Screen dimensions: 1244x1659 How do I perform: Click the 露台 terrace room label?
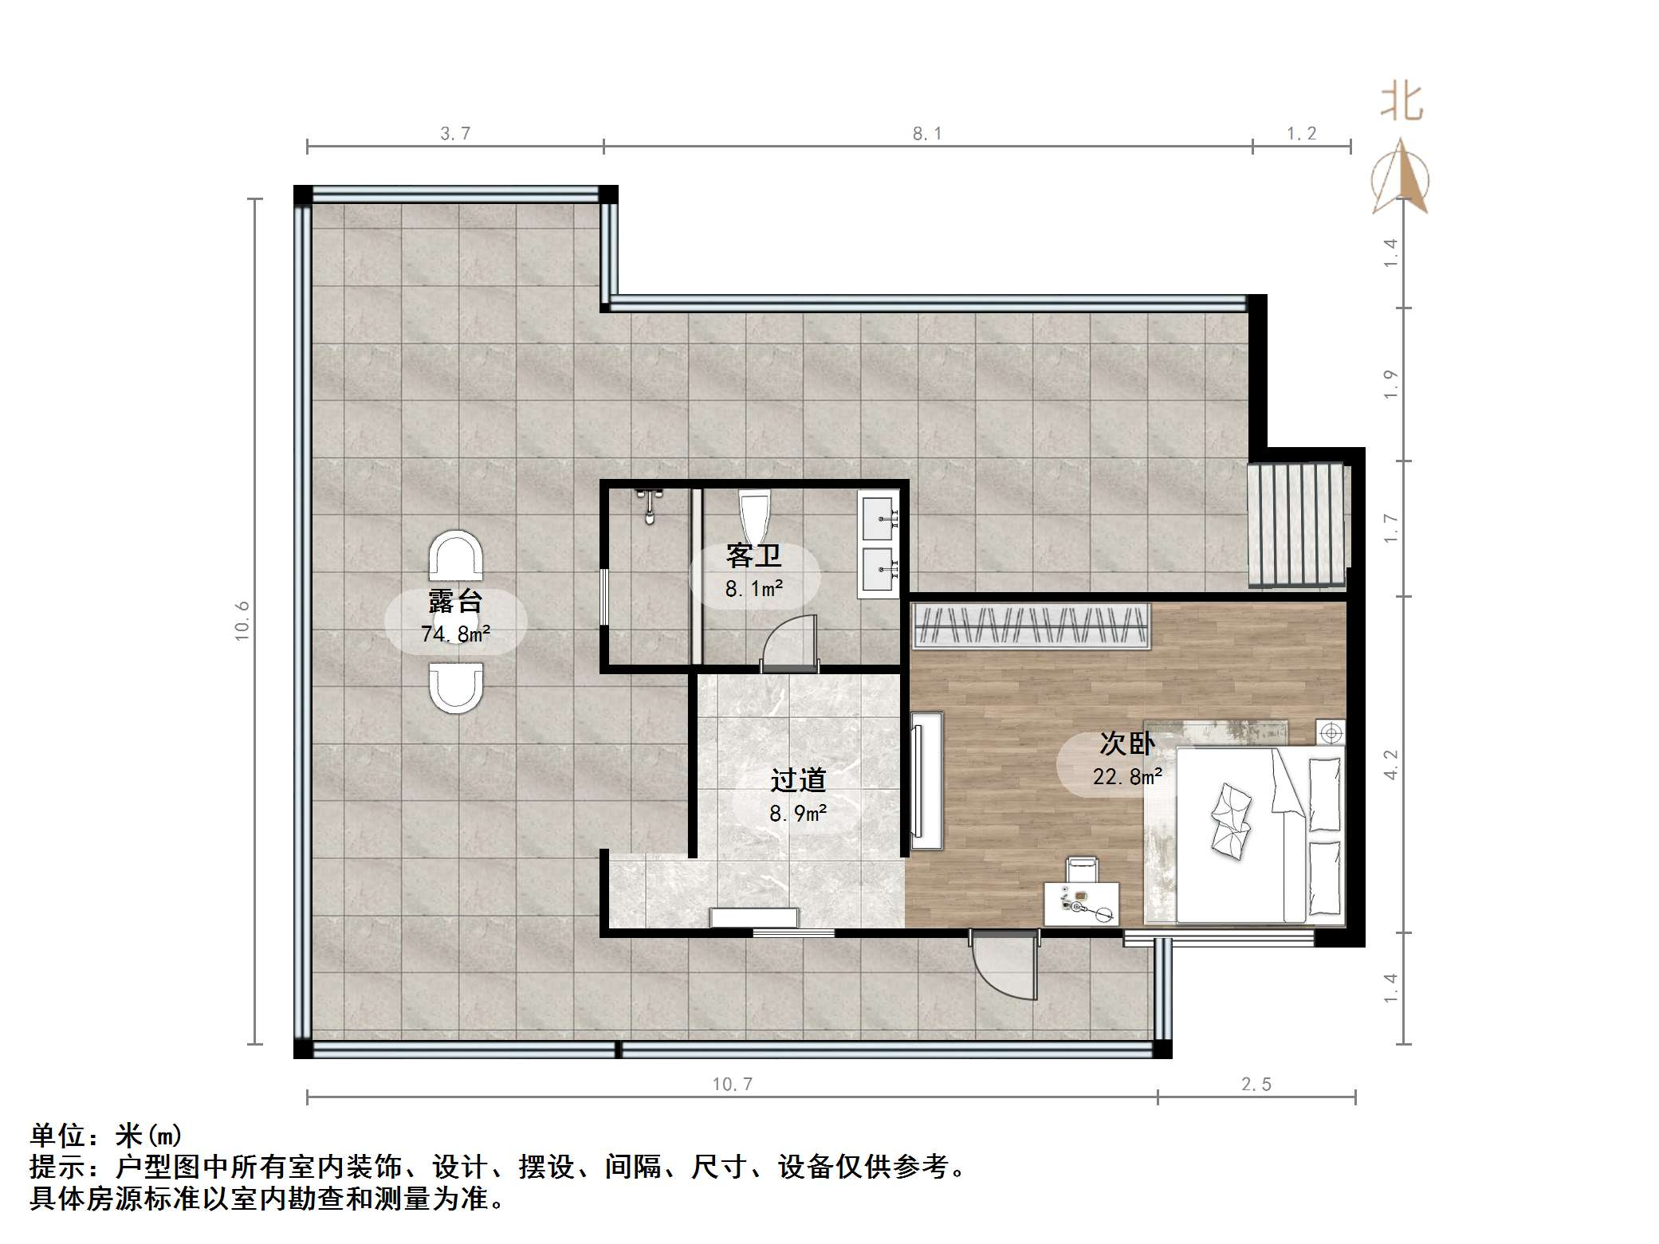(x=455, y=602)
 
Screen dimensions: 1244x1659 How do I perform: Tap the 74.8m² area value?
(x=455, y=634)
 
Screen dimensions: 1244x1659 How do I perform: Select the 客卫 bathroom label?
(x=753, y=556)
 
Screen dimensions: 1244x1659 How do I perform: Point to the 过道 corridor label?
(x=798, y=781)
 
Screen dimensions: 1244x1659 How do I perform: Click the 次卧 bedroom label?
(x=1126, y=744)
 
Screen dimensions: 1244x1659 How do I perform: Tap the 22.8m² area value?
(x=1126, y=776)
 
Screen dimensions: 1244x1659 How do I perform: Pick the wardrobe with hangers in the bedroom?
(x=1031, y=625)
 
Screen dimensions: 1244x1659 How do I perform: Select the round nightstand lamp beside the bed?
(x=1331, y=732)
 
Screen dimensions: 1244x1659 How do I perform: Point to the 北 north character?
(x=1402, y=103)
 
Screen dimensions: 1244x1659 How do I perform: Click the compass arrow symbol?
(x=1401, y=179)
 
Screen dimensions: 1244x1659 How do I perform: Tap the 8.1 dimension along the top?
(x=926, y=134)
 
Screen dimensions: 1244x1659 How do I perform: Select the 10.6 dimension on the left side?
(x=242, y=621)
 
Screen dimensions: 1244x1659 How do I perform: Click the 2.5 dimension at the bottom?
(x=1256, y=1084)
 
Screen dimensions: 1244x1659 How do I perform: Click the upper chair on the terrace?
(x=456, y=555)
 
